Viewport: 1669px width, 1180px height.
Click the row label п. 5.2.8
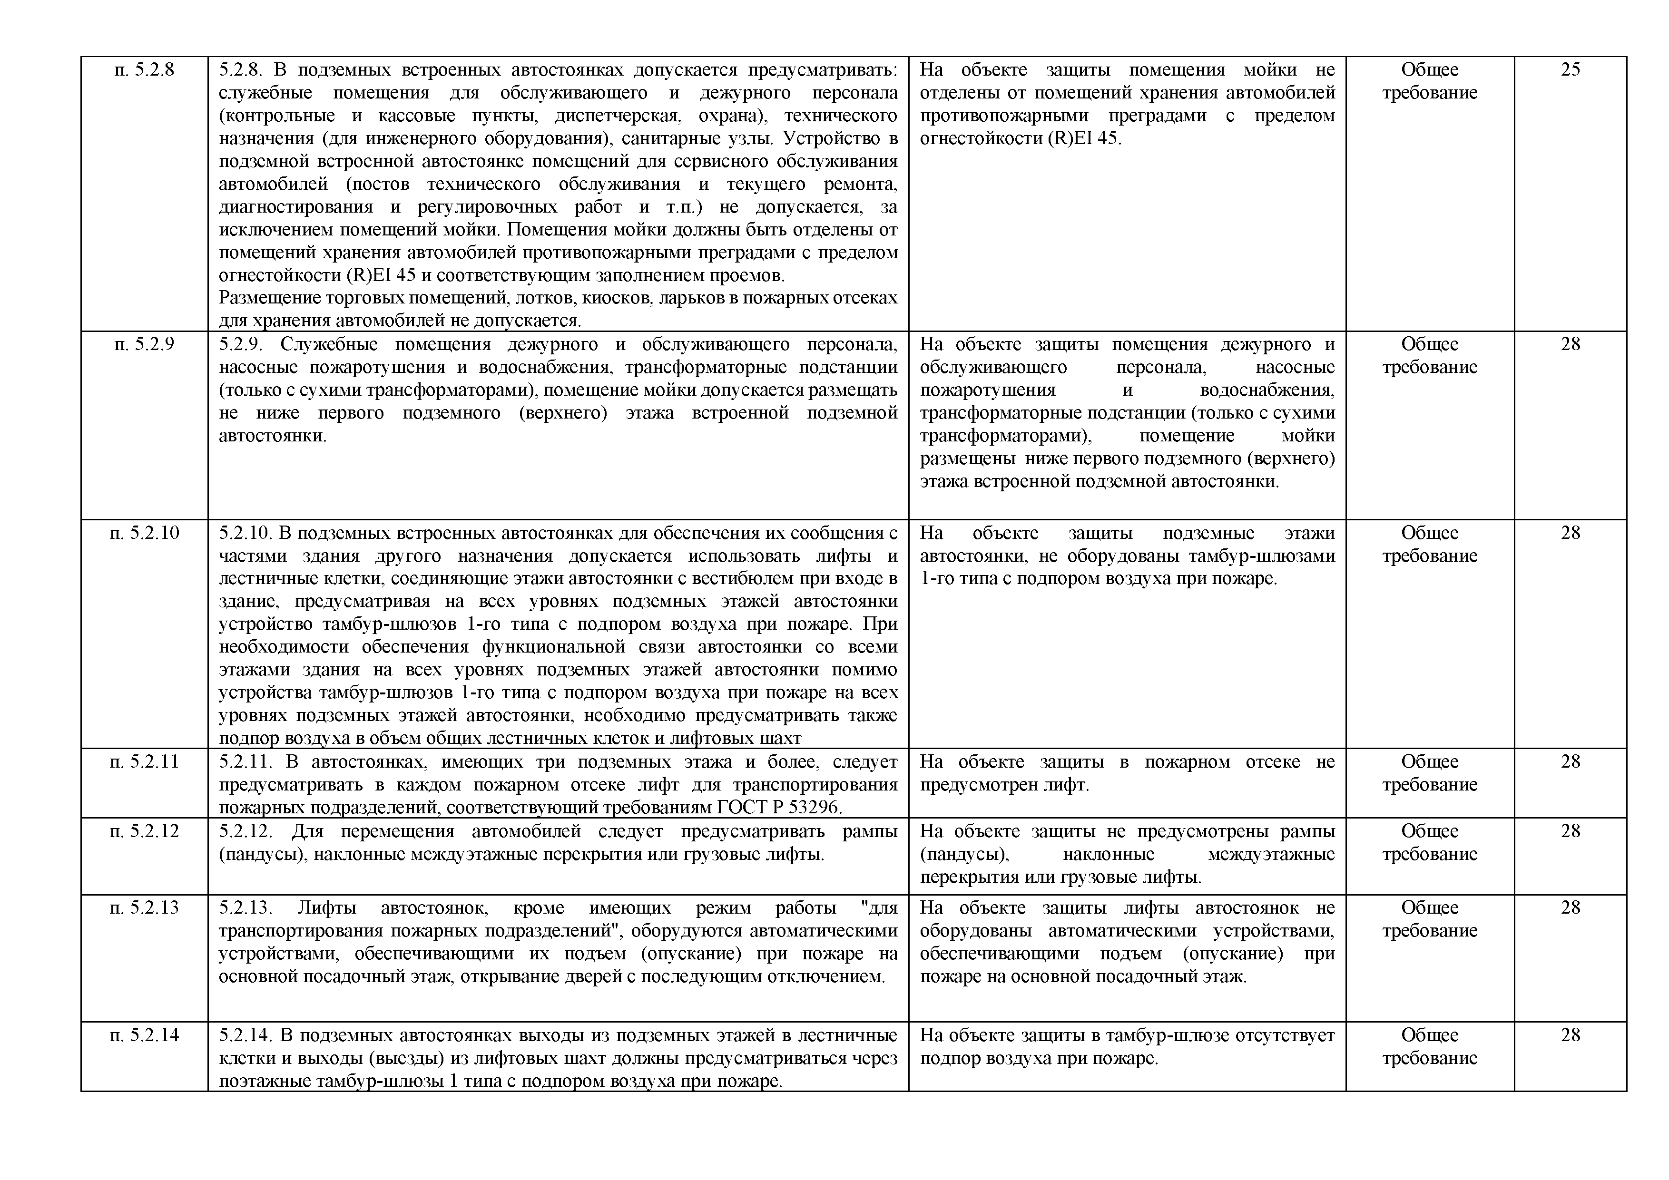[144, 70]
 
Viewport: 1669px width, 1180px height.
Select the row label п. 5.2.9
[144, 344]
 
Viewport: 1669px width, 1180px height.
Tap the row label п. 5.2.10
[144, 533]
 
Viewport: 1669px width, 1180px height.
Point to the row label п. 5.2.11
[144, 762]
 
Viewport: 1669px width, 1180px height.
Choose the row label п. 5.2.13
[144, 907]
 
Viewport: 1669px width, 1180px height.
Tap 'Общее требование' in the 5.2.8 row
[1429, 81]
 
